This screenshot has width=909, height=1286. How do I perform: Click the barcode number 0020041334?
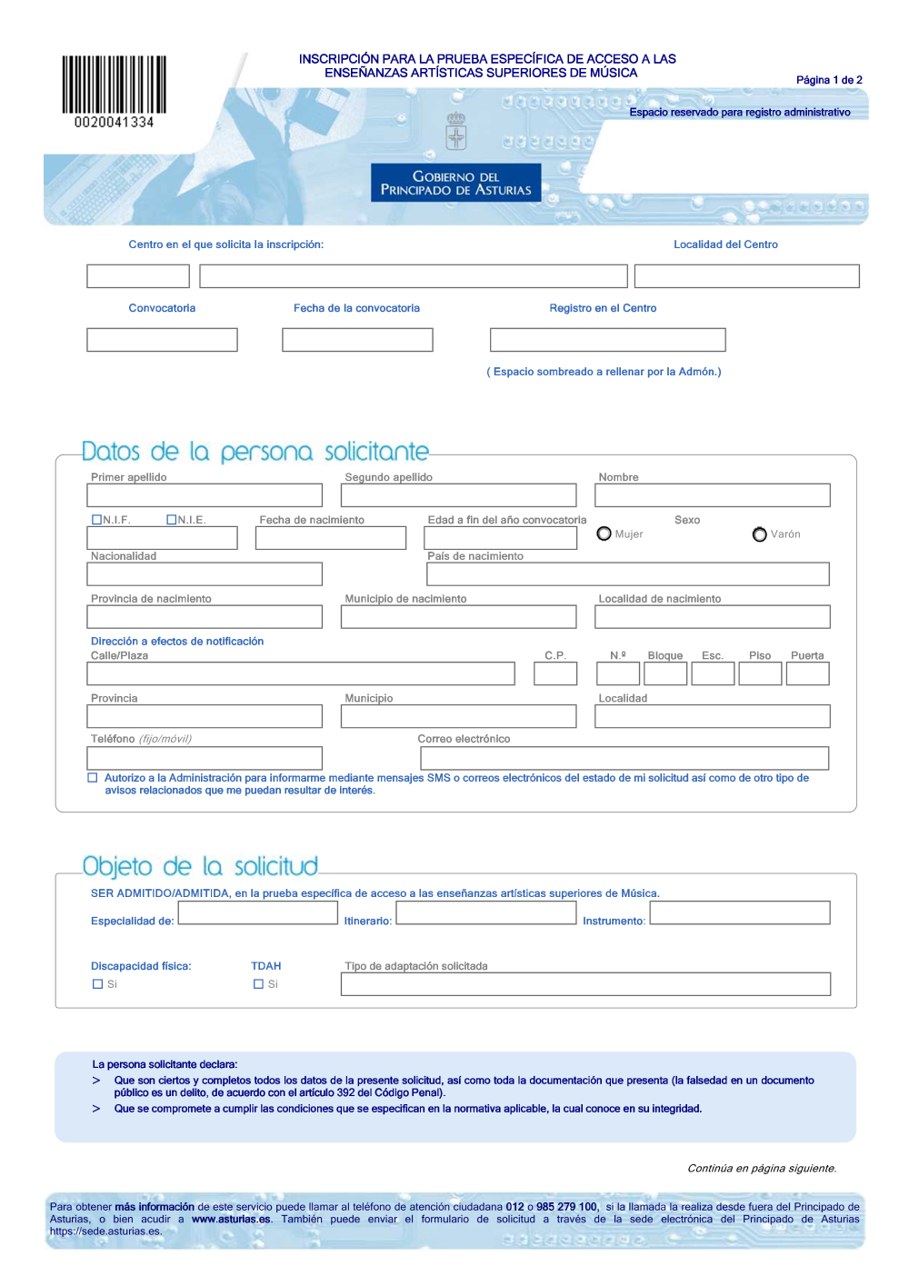[115, 123]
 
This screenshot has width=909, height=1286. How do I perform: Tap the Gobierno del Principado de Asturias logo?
[455, 183]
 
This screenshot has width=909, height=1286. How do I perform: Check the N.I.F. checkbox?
[96, 520]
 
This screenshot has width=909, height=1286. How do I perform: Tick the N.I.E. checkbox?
[171, 520]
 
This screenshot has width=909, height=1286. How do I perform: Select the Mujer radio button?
[604, 533]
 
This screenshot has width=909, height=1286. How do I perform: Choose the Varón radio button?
[759, 534]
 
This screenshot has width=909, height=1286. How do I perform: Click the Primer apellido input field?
[205, 495]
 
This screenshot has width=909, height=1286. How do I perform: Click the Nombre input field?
[712, 495]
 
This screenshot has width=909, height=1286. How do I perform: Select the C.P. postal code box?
[555, 673]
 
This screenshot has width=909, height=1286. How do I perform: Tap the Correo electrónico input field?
[623, 758]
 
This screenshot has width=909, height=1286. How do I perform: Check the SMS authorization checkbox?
[93, 778]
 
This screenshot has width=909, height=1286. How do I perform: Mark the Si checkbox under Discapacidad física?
[97, 984]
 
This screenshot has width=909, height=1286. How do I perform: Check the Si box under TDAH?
[258, 984]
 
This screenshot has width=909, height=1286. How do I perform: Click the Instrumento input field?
[740, 913]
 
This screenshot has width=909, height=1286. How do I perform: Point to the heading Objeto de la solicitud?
[200, 866]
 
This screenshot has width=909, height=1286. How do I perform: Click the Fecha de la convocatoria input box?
[357, 340]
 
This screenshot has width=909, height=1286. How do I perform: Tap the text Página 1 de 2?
[829, 80]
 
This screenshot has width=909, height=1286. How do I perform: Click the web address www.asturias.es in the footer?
[231, 1220]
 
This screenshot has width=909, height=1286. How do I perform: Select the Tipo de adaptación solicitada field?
[585, 984]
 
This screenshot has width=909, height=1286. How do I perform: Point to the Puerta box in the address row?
[807, 673]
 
